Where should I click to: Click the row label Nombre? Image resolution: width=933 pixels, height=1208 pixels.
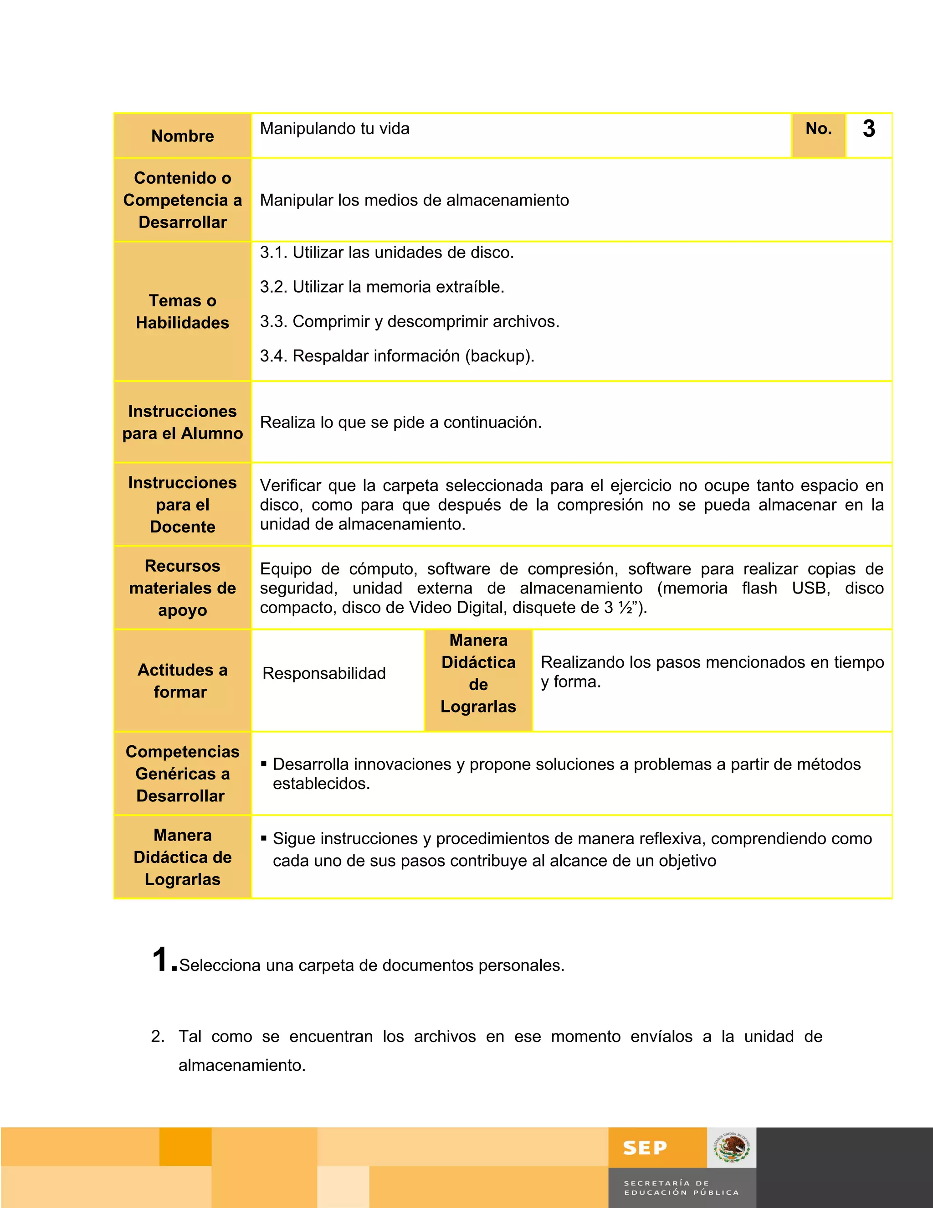tap(182, 136)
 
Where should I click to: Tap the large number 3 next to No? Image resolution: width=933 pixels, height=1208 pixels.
tap(868, 129)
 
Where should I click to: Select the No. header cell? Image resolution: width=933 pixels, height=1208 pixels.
tap(818, 129)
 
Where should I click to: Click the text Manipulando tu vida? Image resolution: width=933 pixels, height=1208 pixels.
tap(334, 129)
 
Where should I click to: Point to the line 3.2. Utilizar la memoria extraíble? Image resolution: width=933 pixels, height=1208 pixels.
tap(382, 287)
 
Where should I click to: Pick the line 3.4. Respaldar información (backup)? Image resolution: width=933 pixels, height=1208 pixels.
tap(397, 356)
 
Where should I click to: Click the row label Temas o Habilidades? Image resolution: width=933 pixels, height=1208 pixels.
tap(182, 311)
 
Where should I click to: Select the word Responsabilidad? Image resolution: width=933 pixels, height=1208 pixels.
tap(324, 673)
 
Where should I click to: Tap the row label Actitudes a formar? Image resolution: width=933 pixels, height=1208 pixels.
tap(182, 681)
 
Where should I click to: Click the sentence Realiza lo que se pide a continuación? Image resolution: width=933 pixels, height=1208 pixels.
tap(401, 423)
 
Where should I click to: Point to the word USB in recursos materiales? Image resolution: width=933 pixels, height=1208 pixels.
tap(810, 588)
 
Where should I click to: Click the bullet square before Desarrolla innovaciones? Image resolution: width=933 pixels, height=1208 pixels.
tap(264, 764)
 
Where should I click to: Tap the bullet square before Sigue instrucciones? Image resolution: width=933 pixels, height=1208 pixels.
tap(264, 838)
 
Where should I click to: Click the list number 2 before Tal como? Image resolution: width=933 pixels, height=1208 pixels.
tap(157, 1037)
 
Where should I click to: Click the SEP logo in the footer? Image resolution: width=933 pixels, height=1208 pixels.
tap(645, 1148)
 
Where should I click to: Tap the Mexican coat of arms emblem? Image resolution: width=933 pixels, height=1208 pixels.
tap(731, 1148)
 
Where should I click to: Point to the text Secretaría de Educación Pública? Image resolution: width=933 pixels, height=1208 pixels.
tap(681, 1187)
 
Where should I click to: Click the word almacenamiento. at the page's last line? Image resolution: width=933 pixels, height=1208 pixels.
tap(242, 1065)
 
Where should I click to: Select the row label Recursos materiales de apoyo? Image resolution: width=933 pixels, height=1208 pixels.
tap(182, 588)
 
